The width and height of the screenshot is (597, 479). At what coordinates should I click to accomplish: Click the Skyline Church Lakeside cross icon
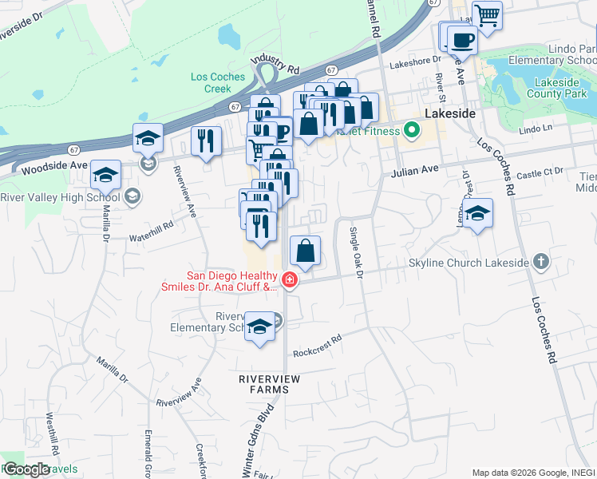tap(541, 261)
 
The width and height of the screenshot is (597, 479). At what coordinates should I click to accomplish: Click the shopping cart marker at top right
tap(487, 14)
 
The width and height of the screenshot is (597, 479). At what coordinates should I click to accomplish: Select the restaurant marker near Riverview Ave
tap(206, 141)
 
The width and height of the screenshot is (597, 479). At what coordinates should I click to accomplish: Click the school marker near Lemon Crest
tap(478, 213)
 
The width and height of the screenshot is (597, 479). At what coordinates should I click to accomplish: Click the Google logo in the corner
tap(26, 469)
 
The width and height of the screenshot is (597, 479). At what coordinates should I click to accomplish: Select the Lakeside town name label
tap(450, 113)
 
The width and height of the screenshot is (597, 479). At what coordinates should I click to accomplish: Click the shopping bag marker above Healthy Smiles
tap(306, 251)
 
